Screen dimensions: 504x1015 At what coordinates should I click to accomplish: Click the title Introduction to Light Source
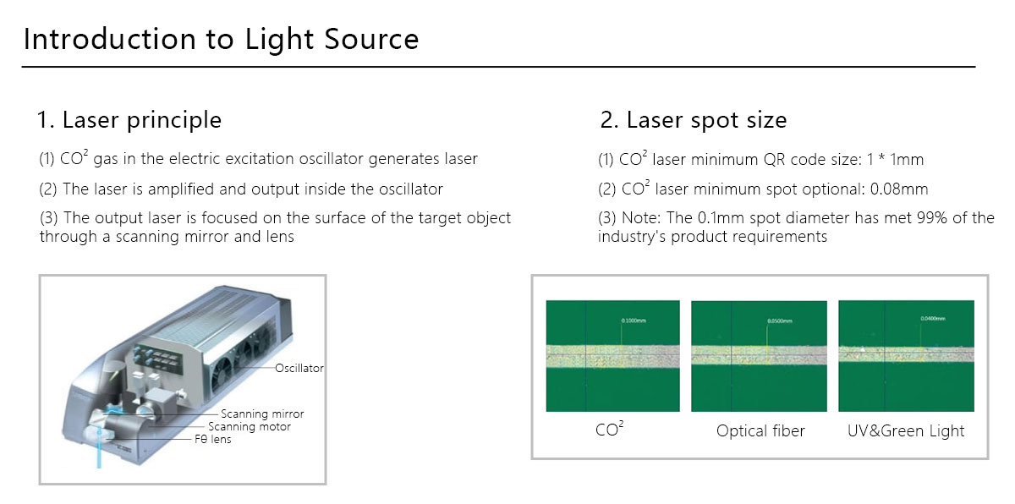tap(221, 39)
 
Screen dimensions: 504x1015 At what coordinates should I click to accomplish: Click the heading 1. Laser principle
tap(129, 120)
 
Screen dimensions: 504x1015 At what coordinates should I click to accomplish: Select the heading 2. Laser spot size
tap(694, 120)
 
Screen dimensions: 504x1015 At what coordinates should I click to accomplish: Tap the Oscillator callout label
tap(299, 368)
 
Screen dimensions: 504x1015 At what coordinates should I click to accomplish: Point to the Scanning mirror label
tap(261, 414)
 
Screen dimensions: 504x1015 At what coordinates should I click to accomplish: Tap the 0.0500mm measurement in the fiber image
tap(779, 320)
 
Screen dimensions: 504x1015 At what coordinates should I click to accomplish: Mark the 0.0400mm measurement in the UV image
tap(932, 318)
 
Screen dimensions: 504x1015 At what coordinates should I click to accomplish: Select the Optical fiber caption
tap(760, 430)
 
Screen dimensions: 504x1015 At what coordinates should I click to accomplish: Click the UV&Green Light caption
tap(906, 430)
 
